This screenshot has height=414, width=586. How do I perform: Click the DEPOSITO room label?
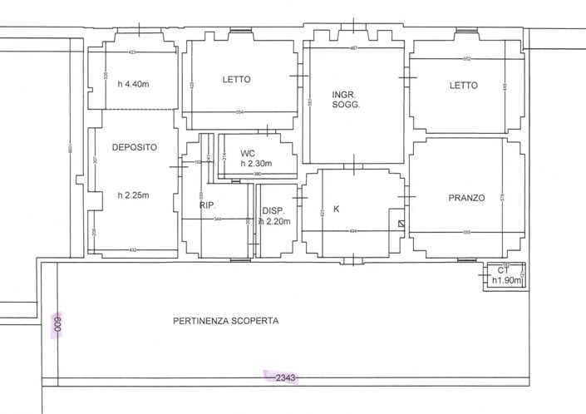[x=134, y=146]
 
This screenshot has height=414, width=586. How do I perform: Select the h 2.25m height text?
[x=133, y=195]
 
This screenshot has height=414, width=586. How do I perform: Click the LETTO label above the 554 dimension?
[x=237, y=80]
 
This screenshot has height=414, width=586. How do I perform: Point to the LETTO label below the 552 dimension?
[x=464, y=85]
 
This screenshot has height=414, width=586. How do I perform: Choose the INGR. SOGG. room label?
[x=345, y=99]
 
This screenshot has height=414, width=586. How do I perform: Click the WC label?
[x=248, y=154]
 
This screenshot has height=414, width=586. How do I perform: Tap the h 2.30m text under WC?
[x=258, y=164]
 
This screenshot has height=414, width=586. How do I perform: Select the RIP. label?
[x=208, y=205]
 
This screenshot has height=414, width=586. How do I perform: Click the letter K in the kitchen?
[x=337, y=209]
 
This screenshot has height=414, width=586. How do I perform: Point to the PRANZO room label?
[x=466, y=199]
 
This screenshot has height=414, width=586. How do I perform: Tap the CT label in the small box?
[x=503, y=271]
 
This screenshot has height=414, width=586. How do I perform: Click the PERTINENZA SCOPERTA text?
[x=226, y=320]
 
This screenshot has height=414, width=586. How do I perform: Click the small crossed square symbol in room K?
[x=401, y=224]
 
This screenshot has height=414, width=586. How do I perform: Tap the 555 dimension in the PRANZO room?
[x=465, y=232]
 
